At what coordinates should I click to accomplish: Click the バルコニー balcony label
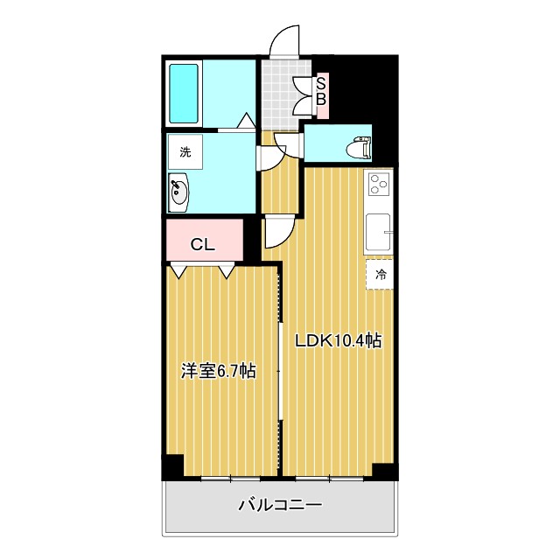280,506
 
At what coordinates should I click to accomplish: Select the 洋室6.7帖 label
218,371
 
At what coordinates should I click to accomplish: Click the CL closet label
203,245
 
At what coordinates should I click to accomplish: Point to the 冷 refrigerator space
381,275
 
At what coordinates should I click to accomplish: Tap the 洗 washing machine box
185,152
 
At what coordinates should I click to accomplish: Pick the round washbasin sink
179,192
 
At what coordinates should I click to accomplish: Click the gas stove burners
379,184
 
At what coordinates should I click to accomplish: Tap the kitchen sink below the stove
379,232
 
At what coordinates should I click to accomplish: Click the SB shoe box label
321,91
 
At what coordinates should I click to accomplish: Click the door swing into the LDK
278,231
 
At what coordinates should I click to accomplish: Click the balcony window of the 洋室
230,479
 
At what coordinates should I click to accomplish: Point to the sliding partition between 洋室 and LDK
280,367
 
